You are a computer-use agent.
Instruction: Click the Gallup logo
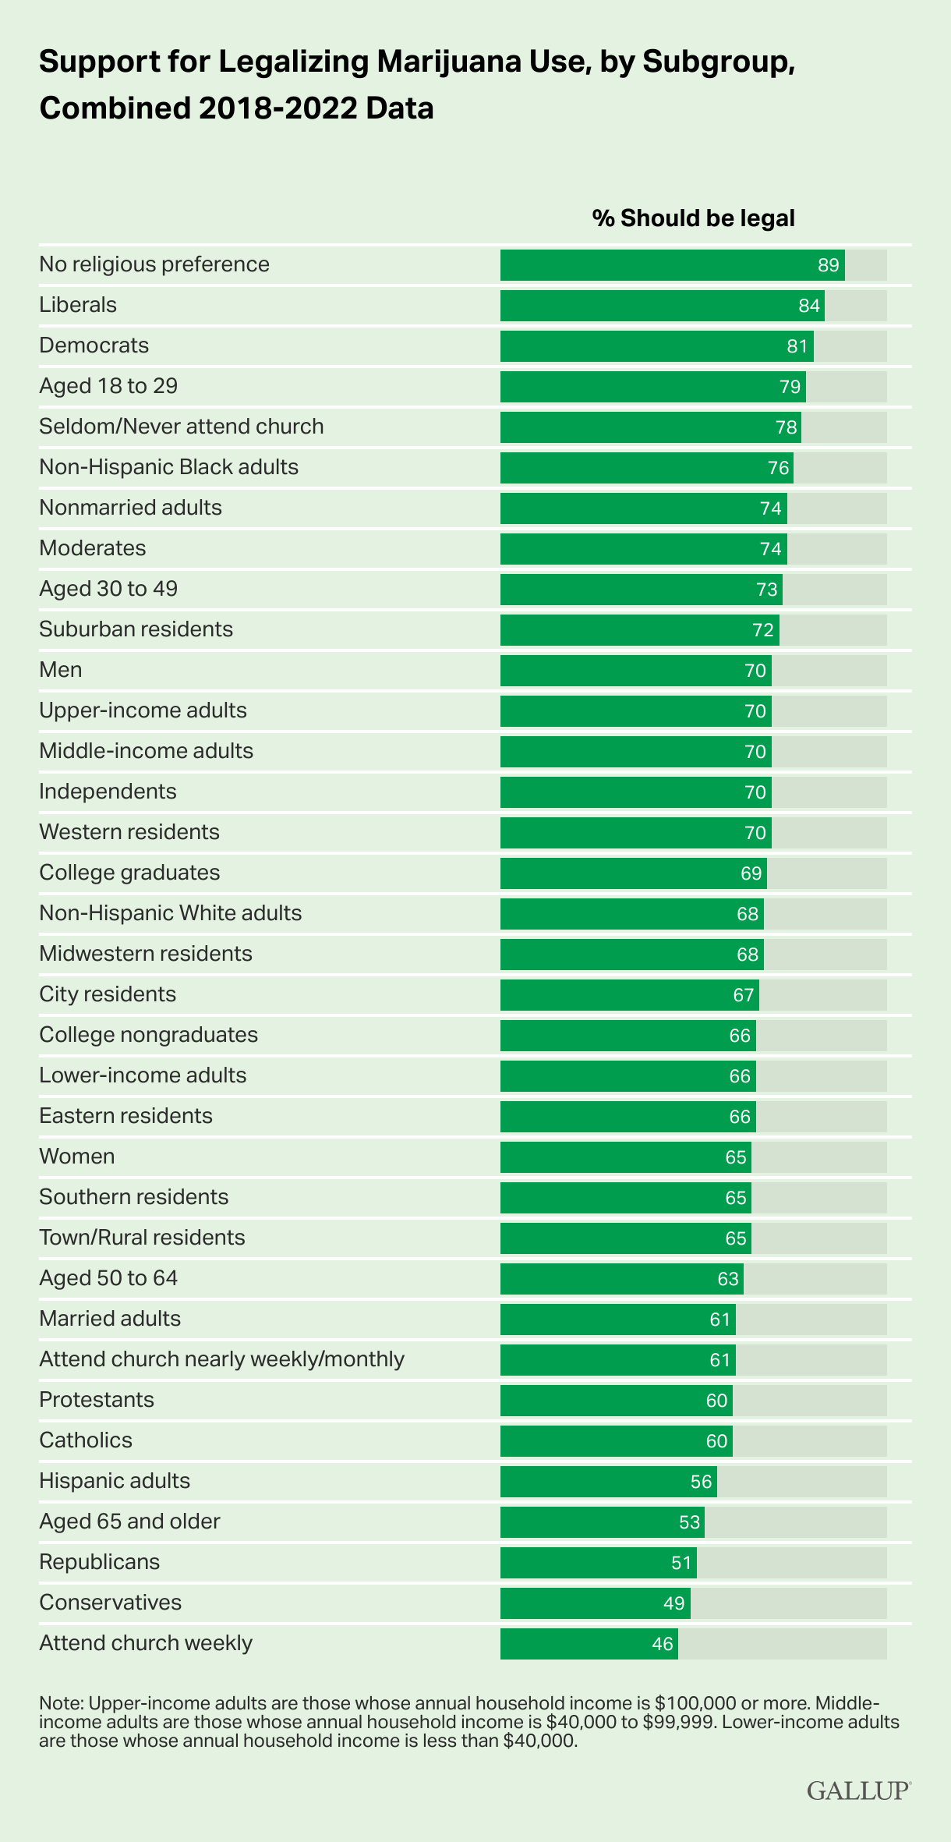point(858,1791)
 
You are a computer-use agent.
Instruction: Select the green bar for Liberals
point(662,306)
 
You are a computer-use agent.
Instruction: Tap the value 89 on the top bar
point(828,265)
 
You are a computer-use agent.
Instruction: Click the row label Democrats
point(94,345)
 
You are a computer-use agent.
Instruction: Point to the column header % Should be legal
point(693,218)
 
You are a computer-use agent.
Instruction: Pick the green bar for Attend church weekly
point(589,1644)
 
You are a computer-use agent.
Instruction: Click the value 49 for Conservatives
point(674,1603)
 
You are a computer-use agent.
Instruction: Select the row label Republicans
point(99,1562)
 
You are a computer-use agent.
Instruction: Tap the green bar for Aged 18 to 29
point(652,387)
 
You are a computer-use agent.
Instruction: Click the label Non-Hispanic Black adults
point(168,467)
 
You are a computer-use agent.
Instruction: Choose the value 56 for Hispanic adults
point(702,1482)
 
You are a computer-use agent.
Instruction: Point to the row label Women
point(76,1157)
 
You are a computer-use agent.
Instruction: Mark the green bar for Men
point(635,671)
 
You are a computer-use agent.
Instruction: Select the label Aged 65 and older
point(129,1521)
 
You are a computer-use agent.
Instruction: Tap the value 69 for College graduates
point(751,873)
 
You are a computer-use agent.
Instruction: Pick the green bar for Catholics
point(616,1441)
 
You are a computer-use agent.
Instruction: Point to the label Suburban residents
point(136,629)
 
